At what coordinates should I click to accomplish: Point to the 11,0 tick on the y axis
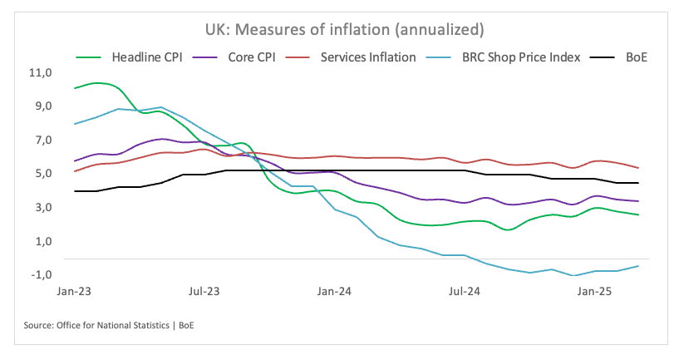[x=40, y=73]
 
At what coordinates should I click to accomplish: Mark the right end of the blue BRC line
[x=638, y=266]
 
